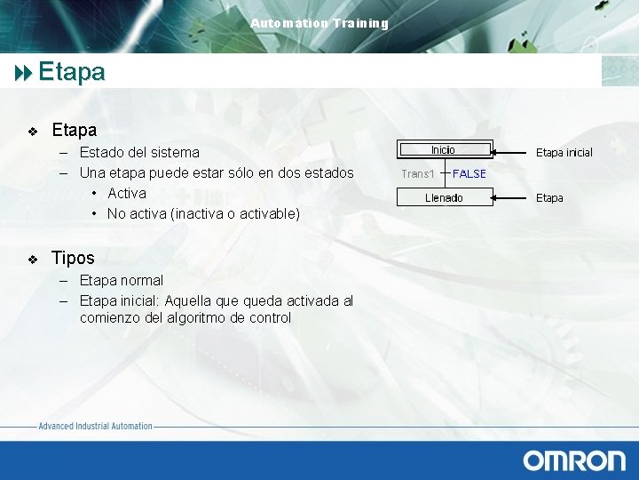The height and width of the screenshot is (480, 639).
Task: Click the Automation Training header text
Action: pyautogui.click(x=319, y=23)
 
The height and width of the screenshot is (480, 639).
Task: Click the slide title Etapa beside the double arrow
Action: pyautogui.click(x=72, y=72)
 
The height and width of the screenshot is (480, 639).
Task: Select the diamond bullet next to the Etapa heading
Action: pyautogui.click(x=33, y=132)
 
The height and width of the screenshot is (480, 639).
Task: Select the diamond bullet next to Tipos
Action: pyautogui.click(x=33, y=260)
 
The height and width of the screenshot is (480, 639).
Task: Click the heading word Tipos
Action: pyautogui.click(x=73, y=259)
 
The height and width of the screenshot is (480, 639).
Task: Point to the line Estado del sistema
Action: pyautogui.click(x=139, y=153)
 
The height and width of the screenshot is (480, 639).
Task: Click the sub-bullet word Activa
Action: pyautogui.click(x=127, y=193)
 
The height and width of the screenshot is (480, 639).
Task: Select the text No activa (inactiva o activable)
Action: pyautogui.click(x=203, y=214)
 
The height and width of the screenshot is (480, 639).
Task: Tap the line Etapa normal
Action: pyautogui.click(x=122, y=281)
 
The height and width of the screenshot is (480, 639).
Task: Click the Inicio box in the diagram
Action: pyautogui.click(x=443, y=150)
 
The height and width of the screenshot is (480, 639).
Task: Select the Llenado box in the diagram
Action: pyautogui.click(x=444, y=198)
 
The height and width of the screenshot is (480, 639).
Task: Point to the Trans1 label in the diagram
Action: pyautogui.click(x=417, y=174)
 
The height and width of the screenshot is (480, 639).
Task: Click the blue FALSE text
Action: pyautogui.click(x=469, y=174)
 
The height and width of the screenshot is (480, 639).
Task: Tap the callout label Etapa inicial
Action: pyautogui.click(x=564, y=153)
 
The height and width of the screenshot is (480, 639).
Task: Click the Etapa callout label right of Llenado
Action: pyautogui.click(x=549, y=198)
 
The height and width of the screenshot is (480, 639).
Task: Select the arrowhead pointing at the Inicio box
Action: pyautogui.click(x=497, y=150)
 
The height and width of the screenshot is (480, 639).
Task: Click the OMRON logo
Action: pyautogui.click(x=573, y=460)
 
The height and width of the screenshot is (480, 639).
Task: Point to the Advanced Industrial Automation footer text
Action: pyautogui.click(x=96, y=427)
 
